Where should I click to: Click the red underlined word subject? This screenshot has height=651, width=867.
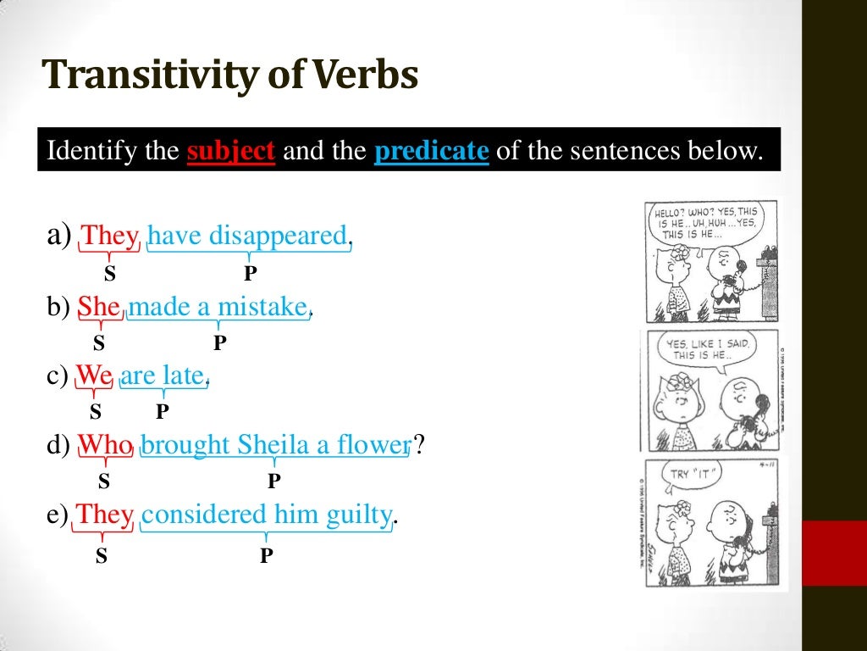point(231,153)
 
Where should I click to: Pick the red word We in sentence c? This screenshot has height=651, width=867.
point(94,375)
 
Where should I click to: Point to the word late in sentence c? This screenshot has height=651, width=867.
point(184,375)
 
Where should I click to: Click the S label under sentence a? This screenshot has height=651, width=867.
point(109,274)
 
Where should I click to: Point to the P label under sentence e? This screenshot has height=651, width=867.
point(267,556)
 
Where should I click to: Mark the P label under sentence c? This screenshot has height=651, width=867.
point(162,412)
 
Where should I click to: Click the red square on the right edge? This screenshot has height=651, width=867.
point(834,553)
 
